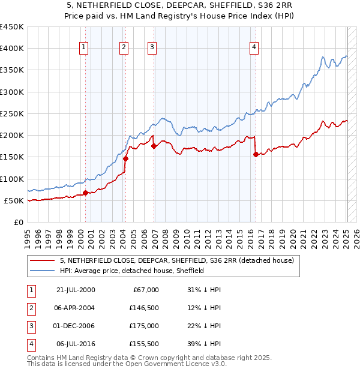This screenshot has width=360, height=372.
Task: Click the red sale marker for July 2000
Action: point(85,193)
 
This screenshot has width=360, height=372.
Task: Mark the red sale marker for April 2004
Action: point(126,159)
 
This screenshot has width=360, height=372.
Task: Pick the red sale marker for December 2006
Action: point(154,146)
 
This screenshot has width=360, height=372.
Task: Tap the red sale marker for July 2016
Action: point(256,154)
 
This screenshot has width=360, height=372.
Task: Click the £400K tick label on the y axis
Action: point(11,49)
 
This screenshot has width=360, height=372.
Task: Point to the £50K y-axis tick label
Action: point(14,200)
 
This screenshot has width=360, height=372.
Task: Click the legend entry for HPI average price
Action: point(132,271)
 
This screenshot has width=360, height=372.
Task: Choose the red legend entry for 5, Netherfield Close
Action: point(176,260)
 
